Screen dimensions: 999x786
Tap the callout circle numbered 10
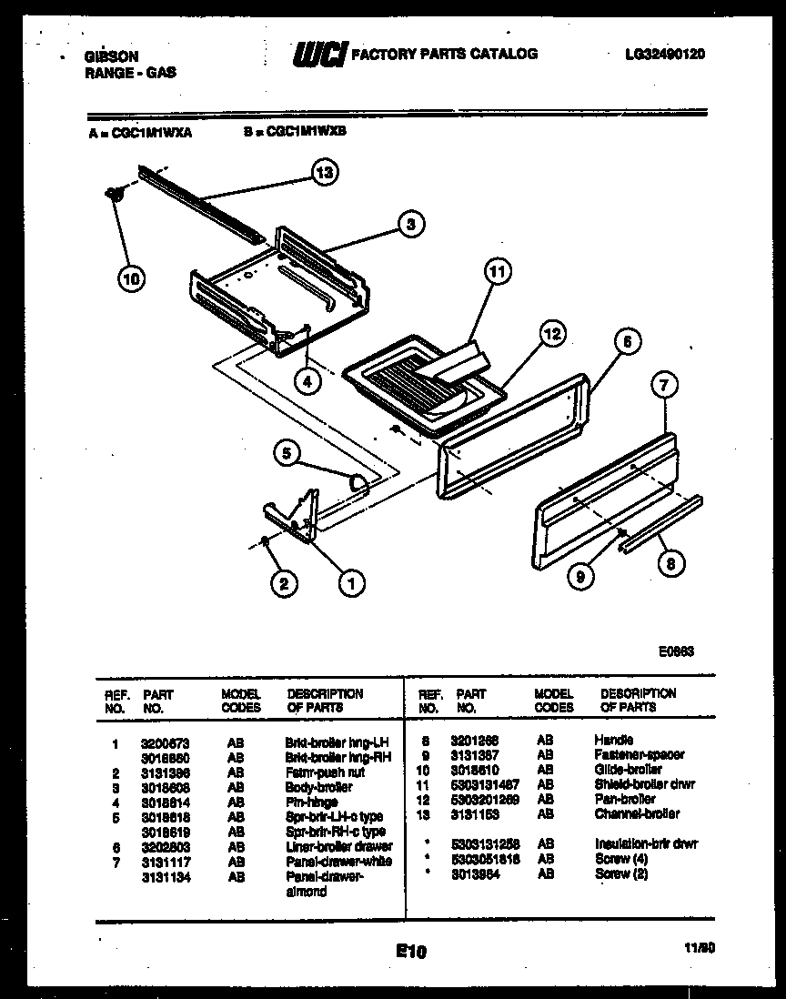click(x=132, y=279)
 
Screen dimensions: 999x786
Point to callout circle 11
click(x=497, y=271)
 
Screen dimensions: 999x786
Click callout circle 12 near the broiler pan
click(x=550, y=333)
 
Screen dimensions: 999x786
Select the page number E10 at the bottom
click(x=411, y=952)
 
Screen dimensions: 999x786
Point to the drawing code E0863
click(x=677, y=651)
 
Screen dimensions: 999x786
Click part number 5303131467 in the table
click(x=484, y=784)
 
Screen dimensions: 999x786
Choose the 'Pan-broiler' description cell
click(x=624, y=799)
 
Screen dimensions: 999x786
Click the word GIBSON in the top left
click(x=107, y=55)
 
